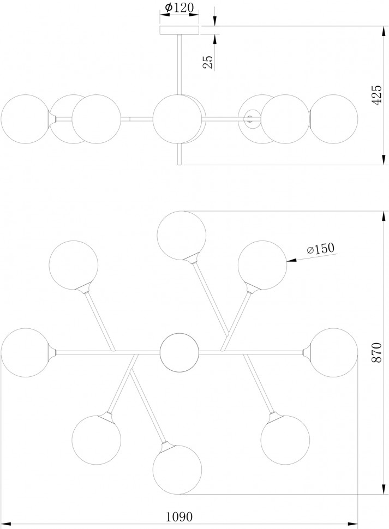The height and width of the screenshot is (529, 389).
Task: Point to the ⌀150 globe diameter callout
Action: click(x=320, y=249)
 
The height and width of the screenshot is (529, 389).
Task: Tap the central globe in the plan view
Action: click(x=179, y=352)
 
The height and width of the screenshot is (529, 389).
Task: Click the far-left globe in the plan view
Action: click(x=25, y=352)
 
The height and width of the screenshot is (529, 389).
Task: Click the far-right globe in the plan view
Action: click(x=333, y=352)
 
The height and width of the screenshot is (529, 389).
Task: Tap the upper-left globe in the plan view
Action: click(x=73, y=264)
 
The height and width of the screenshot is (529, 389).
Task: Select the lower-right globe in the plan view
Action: click(x=285, y=440)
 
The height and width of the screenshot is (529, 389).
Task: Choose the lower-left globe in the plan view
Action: click(x=97, y=440)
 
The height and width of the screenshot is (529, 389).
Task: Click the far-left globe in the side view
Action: click(x=25, y=119)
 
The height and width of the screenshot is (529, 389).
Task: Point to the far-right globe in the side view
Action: click(x=334, y=119)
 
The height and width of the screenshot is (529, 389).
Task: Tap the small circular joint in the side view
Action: click(x=251, y=118)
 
